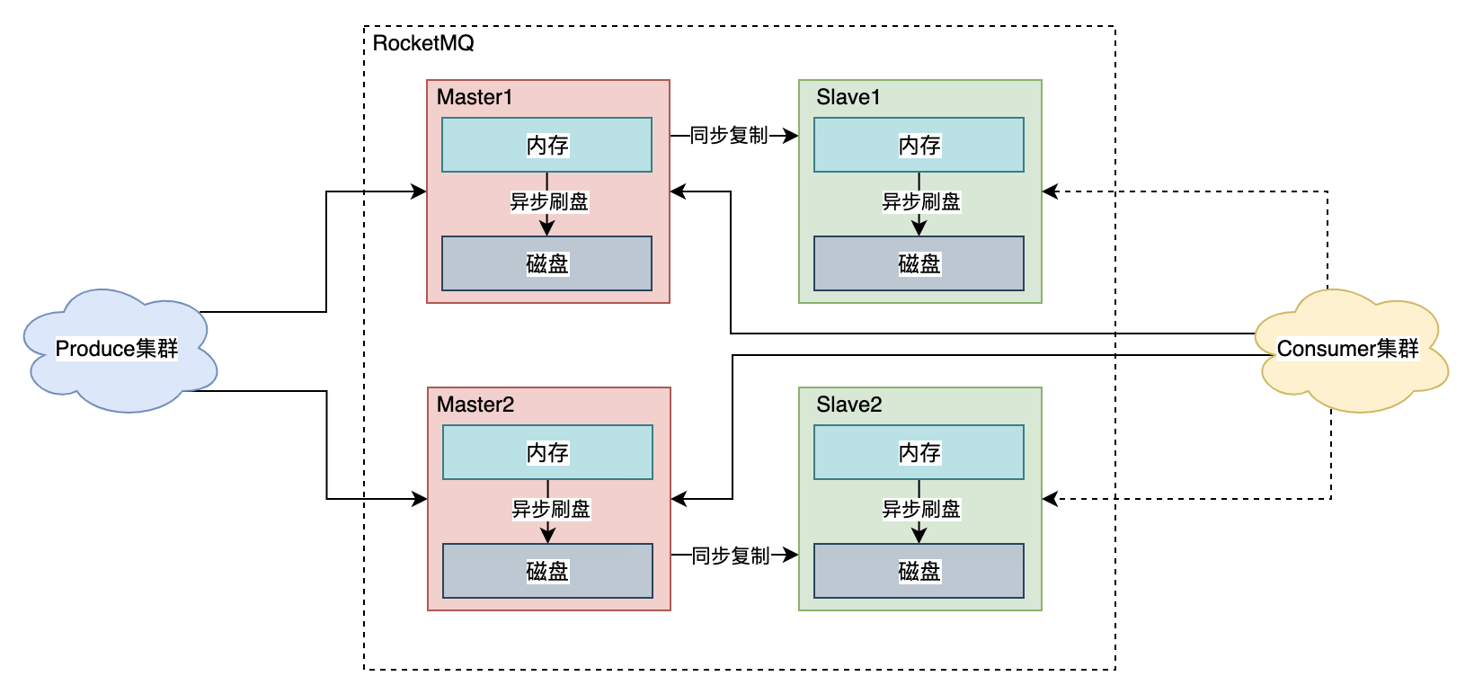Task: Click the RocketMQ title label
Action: (x=422, y=43)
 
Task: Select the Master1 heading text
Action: (x=474, y=97)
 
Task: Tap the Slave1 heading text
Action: (x=848, y=97)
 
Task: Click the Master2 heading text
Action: (x=475, y=405)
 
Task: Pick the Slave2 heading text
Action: (x=848, y=405)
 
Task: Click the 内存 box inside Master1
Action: (x=546, y=145)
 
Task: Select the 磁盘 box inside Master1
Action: (x=546, y=263)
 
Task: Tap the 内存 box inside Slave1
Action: (x=919, y=145)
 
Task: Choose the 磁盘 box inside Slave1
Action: (x=919, y=263)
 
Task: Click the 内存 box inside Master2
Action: (x=547, y=452)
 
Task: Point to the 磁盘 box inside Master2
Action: (x=547, y=571)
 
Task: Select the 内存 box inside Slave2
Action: (x=919, y=452)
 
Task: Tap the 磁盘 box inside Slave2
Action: (x=919, y=571)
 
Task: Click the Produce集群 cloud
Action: (x=117, y=349)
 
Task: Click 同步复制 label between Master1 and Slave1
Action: (x=729, y=136)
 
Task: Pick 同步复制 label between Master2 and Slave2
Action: (x=731, y=556)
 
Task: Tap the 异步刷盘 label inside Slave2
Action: (x=921, y=509)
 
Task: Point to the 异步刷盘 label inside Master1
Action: (x=549, y=201)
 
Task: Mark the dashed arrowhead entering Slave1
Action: (x=1050, y=191)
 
